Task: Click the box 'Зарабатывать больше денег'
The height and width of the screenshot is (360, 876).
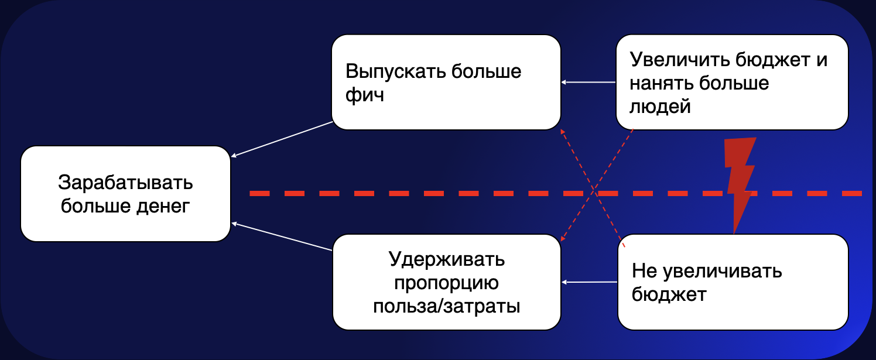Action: [x=125, y=194]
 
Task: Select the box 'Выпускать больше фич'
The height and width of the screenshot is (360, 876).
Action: [x=446, y=82]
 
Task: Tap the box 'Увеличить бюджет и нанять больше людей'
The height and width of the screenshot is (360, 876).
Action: [x=732, y=82]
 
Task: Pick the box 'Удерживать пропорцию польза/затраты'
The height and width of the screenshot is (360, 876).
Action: [x=446, y=282]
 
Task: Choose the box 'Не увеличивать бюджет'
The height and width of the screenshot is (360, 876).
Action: [x=733, y=282]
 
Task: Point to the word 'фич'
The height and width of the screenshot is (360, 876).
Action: [x=365, y=94]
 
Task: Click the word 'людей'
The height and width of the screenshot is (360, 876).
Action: [x=660, y=106]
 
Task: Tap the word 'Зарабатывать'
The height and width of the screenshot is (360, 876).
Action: [x=125, y=183]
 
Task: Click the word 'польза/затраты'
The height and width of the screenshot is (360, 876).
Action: [x=446, y=306]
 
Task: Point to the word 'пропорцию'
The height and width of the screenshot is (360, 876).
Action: [x=446, y=283]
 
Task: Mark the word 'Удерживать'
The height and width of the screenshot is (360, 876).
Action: [x=446, y=259]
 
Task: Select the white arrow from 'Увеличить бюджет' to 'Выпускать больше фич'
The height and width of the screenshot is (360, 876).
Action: [x=588, y=82]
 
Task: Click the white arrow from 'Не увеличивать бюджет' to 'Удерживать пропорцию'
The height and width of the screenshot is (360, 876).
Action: [x=590, y=282]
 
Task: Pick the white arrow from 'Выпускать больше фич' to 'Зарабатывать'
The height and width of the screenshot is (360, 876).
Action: [x=282, y=139]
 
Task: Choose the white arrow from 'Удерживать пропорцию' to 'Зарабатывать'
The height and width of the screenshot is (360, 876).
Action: [x=282, y=236]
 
